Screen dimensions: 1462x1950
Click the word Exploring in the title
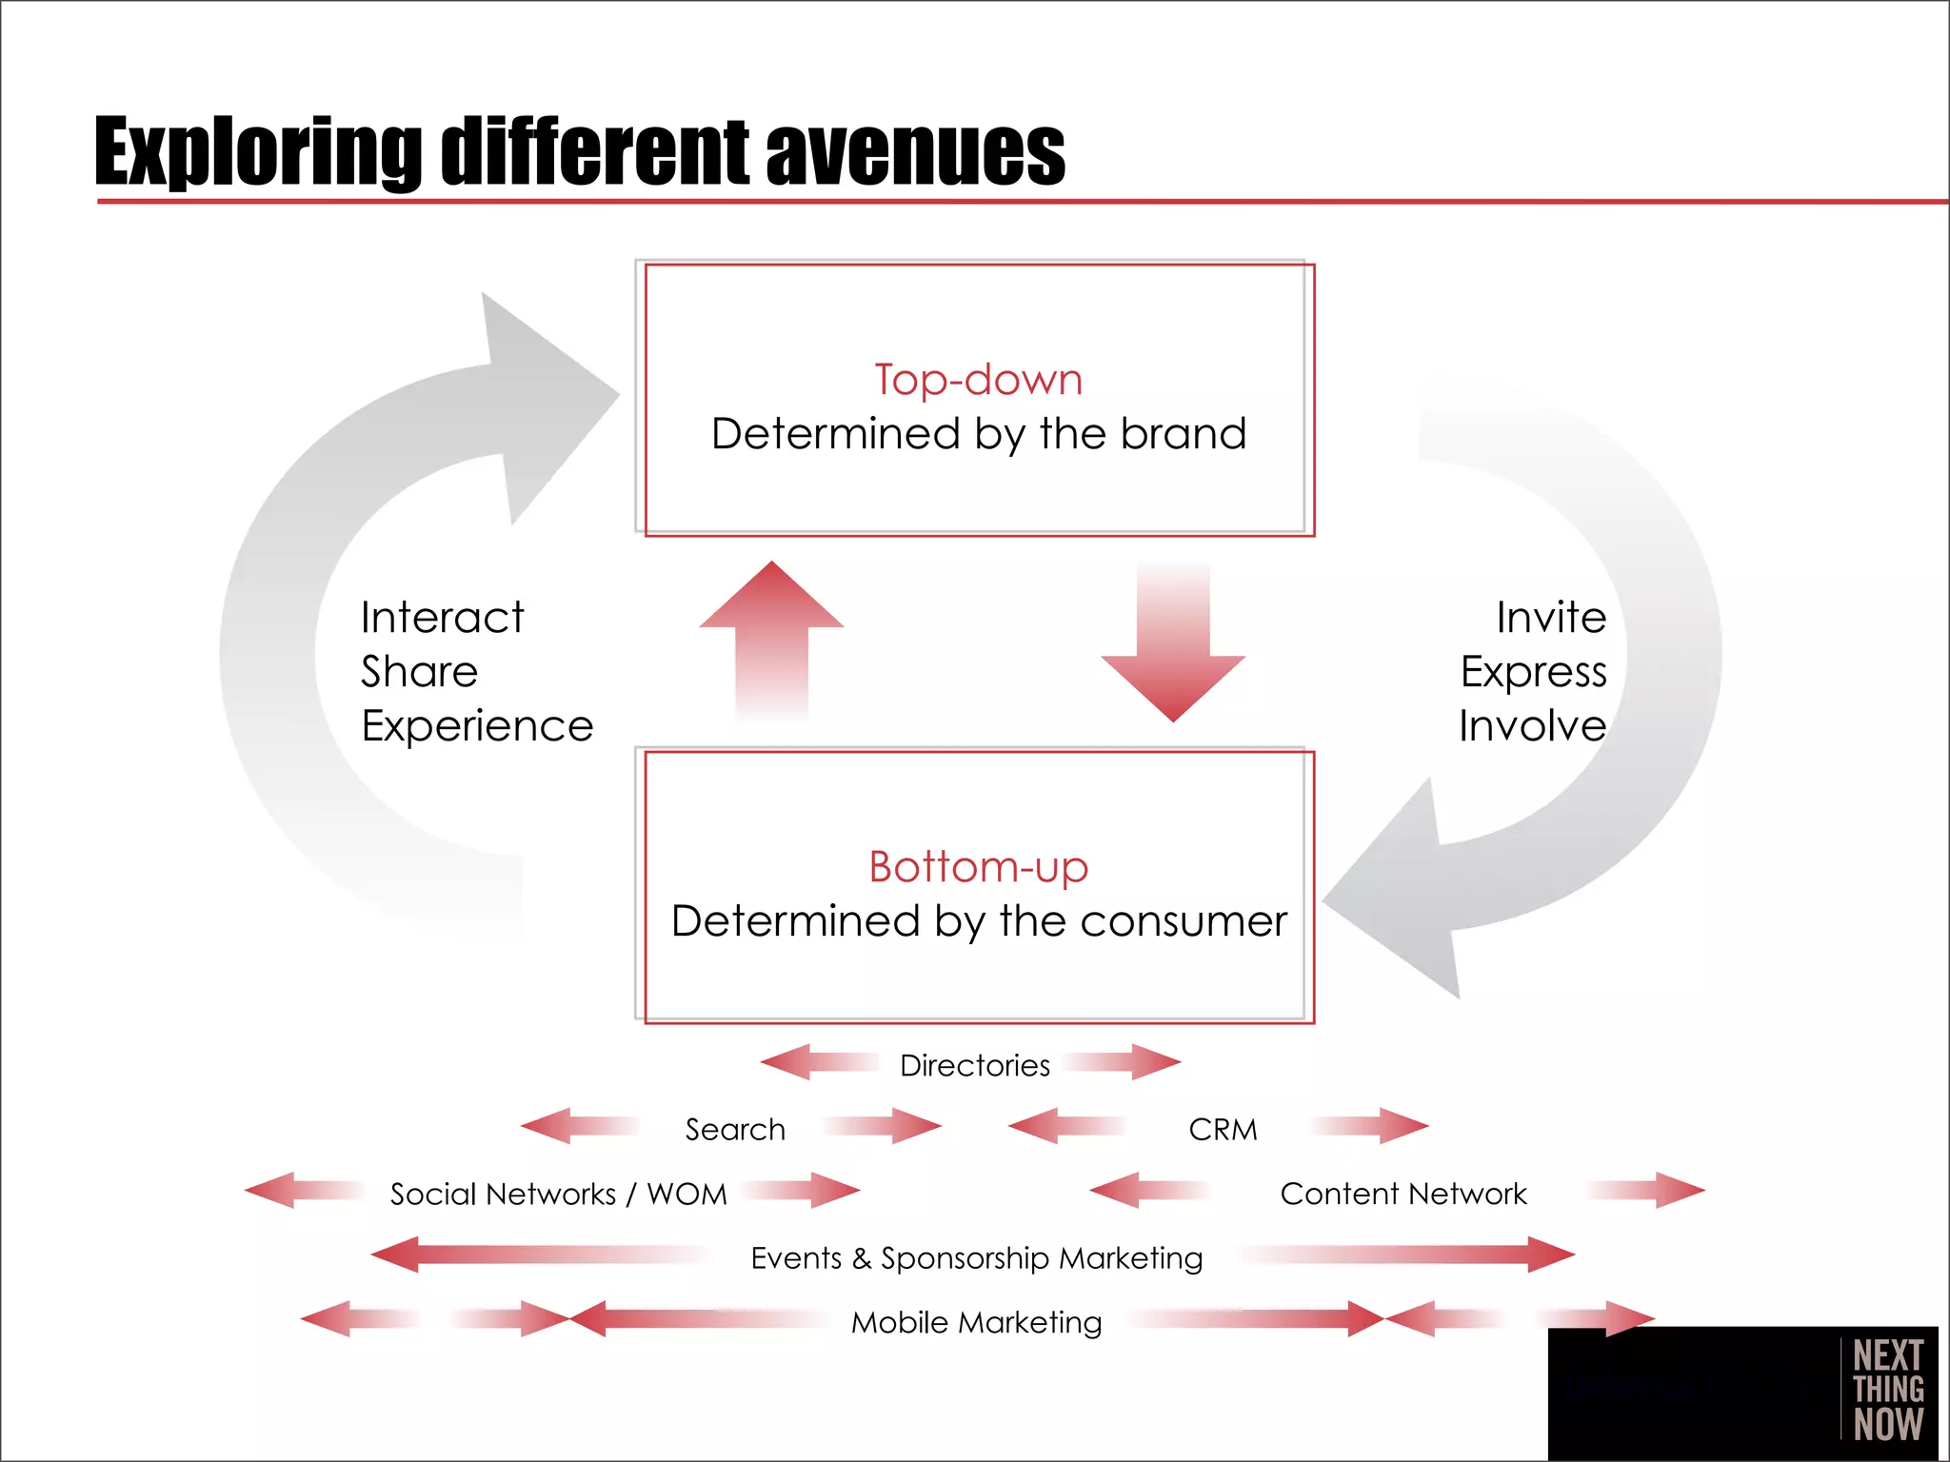click(x=257, y=152)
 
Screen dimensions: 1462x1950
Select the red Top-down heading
click(x=979, y=380)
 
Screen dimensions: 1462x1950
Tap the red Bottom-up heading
click(x=979, y=867)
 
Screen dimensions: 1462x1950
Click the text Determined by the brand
click(x=979, y=434)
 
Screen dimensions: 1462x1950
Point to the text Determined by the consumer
click(x=979, y=921)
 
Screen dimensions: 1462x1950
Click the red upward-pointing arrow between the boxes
click(x=772, y=638)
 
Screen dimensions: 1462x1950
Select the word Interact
click(x=443, y=618)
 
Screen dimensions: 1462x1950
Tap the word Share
click(x=420, y=672)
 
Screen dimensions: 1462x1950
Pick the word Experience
click(x=478, y=726)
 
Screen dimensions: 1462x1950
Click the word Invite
click(x=1551, y=618)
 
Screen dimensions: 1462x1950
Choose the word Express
click(x=1534, y=672)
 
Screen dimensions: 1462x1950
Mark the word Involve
click(x=1533, y=726)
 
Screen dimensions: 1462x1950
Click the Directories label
click(x=975, y=1065)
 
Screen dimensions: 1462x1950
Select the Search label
click(x=735, y=1130)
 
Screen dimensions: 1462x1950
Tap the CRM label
click(x=1224, y=1130)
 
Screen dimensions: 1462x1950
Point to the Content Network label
click(x=1403, y=1194)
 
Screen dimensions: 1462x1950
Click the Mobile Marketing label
click(x=977, y=1322)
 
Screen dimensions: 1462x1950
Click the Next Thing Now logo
click(x=1888, y=1390)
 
